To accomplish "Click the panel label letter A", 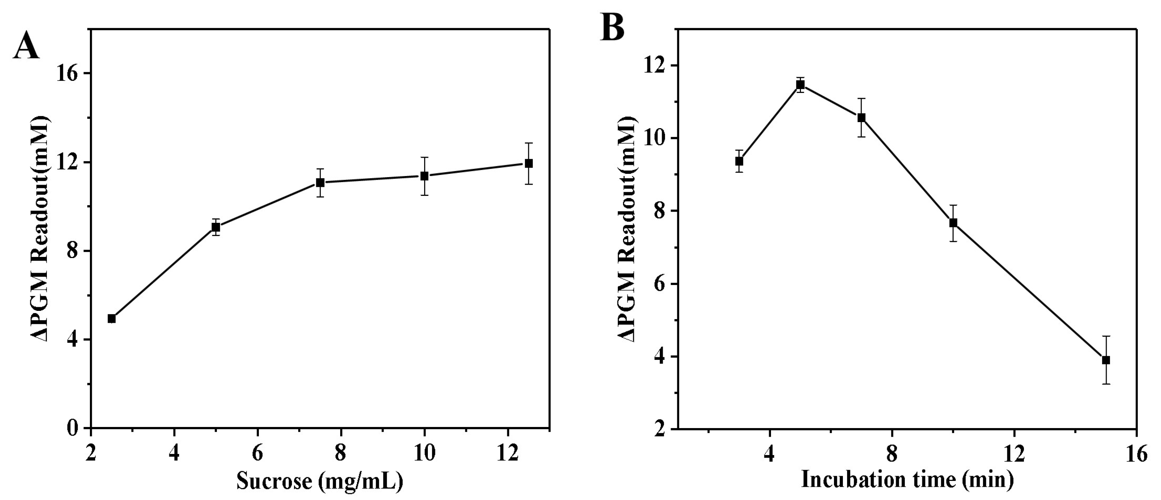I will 26,47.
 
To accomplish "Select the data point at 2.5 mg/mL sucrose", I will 112,318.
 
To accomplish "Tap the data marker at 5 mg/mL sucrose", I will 216,227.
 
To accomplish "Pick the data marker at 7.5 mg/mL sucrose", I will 320,182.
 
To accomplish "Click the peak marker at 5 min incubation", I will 801,85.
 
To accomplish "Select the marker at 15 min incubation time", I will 1106,360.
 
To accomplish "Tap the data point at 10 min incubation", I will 953,222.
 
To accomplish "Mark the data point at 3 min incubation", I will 739,161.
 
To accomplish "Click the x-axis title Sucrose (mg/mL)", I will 320,481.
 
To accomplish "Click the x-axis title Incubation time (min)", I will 907,479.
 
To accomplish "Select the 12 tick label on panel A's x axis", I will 508,454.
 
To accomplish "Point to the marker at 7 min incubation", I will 861,118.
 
